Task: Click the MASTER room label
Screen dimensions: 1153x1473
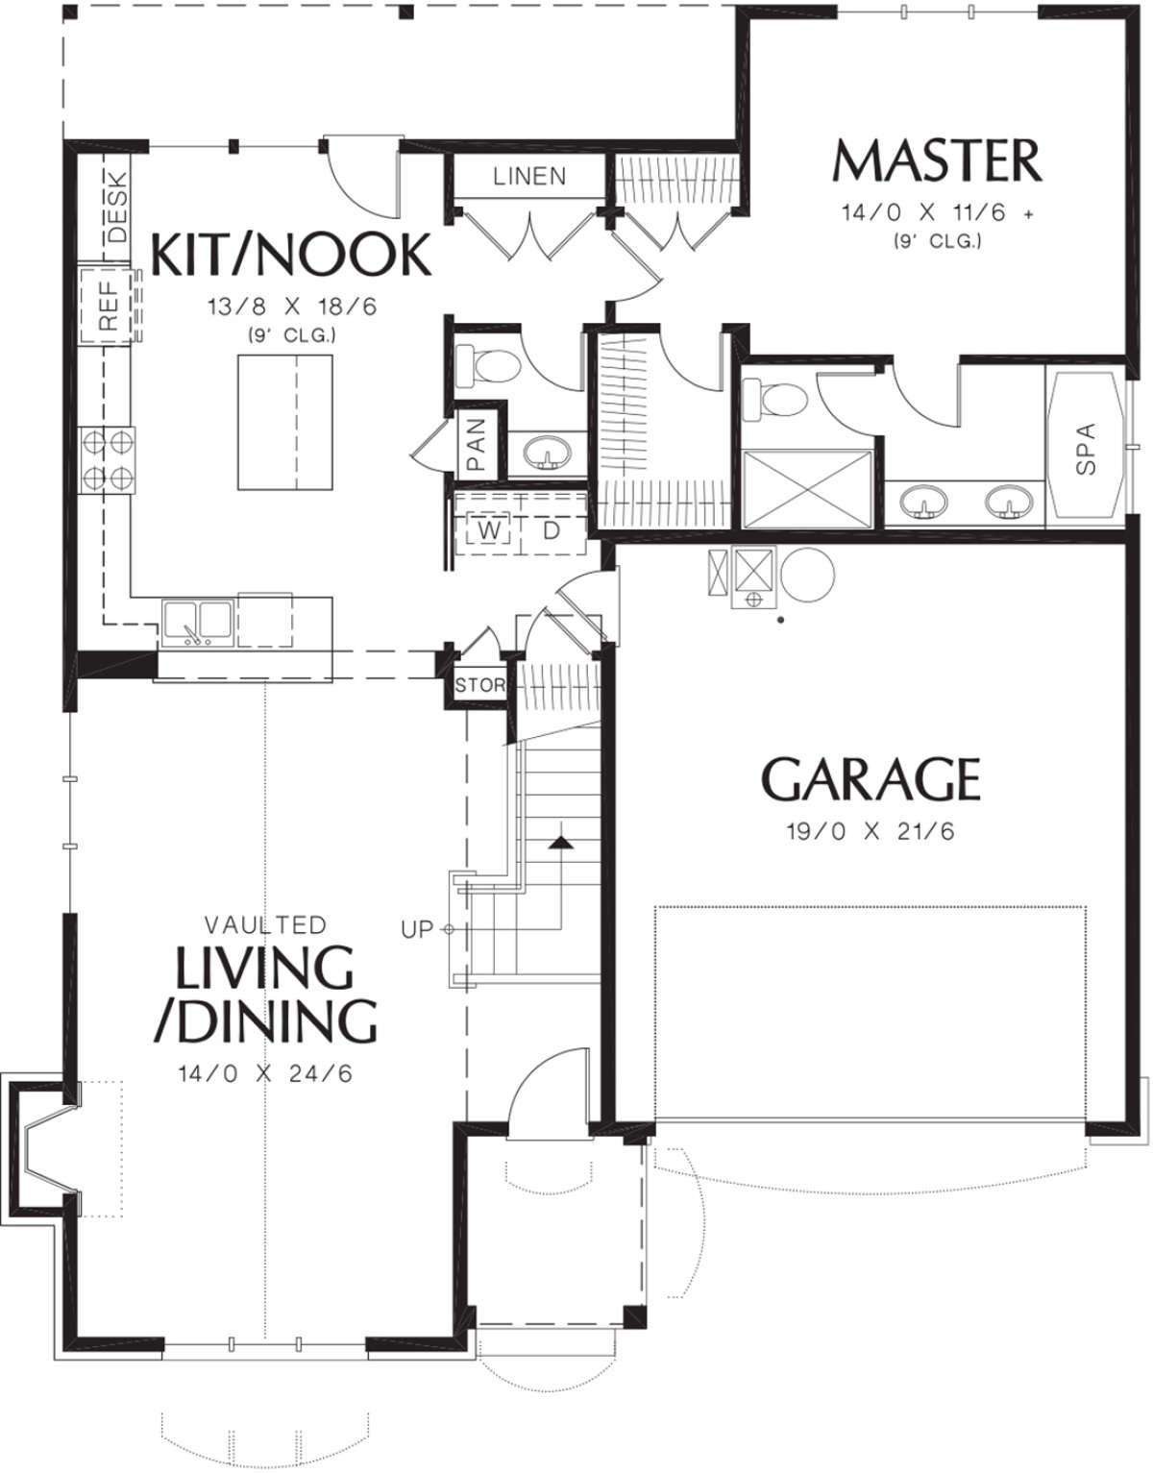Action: click(x=937, y=160)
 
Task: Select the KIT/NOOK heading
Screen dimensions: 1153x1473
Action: click(x=290, y=255)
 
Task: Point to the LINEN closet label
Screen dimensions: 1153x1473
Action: click(x=529, y=176)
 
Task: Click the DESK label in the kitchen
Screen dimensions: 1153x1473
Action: click(x=117, y=207)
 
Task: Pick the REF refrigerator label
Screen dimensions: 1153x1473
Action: click(x=109, y=307)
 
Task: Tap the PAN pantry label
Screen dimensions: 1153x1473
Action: click(x=477, y=444)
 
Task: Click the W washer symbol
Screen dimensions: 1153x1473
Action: click(x=489, y=530)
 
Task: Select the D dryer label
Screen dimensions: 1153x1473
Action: click(x=552, y=530)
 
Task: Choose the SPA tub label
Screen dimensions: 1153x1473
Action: click(x=1085, y=449)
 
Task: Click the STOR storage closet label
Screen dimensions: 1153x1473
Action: click(x=479, y=685)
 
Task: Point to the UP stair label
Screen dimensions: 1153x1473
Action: click(x=416, y=929)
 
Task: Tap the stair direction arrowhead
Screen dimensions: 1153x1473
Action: click(x=560, y=843)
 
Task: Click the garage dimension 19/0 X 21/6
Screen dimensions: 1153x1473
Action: click(x=871, y=831)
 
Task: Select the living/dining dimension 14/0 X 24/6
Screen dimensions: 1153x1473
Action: click(x=265, y=1073)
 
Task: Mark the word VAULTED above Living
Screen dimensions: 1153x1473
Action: click(x=265, y=924)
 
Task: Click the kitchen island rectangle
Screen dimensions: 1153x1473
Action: click(x=284, y=422)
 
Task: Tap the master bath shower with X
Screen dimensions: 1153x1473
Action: click(x=807, y=489)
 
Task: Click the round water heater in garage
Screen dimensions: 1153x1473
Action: click(x=807, y=574)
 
